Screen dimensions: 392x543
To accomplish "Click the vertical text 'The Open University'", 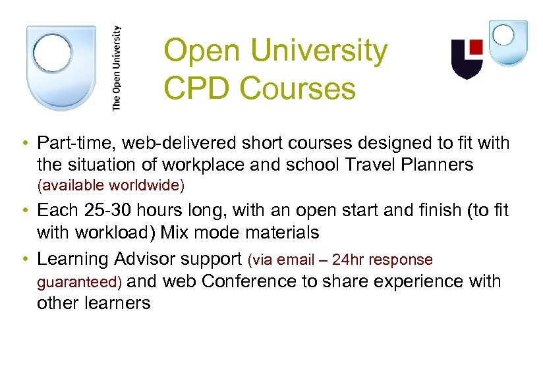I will tap(117, 67).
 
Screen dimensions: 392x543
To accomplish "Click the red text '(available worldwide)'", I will tap(111, 186).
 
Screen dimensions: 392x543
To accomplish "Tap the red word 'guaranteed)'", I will tap(80, 283).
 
